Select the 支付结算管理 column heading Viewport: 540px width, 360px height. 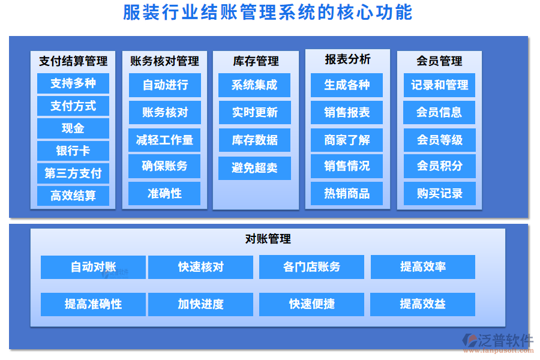tap(73, 61)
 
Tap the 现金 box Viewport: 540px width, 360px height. tap(73, 128)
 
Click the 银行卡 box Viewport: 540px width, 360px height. tap(73, 151)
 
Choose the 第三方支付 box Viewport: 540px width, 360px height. tap(73, 173)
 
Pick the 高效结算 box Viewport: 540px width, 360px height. tap(73, 196)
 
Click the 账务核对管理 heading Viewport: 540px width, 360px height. tap(164, 61)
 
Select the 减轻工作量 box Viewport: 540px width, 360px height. tap(164, 140)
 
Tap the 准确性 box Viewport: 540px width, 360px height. tap(164, 193)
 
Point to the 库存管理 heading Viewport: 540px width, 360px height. tap(256, 61)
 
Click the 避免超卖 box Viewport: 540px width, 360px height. tap(255, 168)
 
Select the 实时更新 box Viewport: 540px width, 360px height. tap(255, 112)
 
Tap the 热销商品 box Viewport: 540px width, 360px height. tap(347, 193)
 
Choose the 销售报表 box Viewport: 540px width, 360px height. tap(347, 112)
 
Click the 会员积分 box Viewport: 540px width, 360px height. tap(440, 166)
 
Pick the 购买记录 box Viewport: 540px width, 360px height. tap(440, 193)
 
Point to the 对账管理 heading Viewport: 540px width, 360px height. tap(268, 239)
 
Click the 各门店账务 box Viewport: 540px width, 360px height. tap(311, 267)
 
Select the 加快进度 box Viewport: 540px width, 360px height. tap(200, 304)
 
